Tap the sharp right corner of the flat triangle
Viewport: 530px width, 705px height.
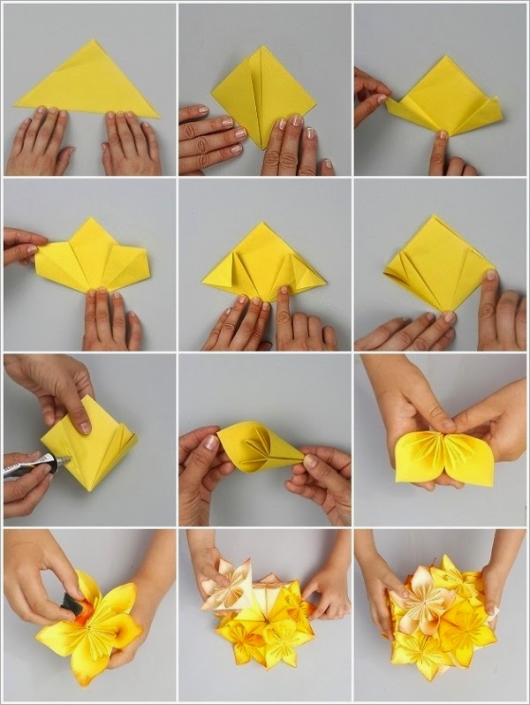tap(158, 116)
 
